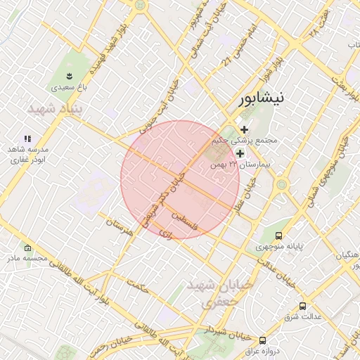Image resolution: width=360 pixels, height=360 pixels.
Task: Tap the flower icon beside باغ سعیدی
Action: [69, 75]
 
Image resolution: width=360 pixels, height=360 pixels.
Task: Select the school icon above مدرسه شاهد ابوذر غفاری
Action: [27, 139]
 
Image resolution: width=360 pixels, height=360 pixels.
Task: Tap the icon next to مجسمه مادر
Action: [27, 247]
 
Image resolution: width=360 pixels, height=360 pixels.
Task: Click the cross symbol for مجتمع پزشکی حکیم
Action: [245, 129]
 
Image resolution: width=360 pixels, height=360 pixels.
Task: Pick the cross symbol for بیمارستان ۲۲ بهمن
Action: [240, 153]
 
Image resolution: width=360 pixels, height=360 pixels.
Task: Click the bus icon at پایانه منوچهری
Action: [279, 236]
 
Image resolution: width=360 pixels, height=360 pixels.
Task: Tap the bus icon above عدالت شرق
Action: [302, 306]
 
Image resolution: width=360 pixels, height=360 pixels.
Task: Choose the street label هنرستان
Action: [119, 227]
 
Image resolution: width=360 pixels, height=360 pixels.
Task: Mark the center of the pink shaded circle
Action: [180, 179]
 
